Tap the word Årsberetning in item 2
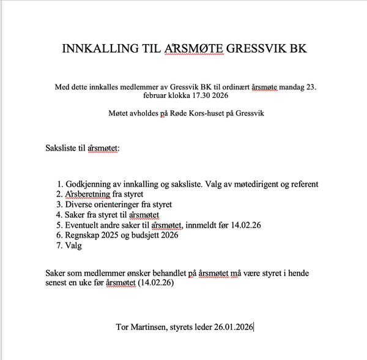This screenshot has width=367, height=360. click(89, 195)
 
